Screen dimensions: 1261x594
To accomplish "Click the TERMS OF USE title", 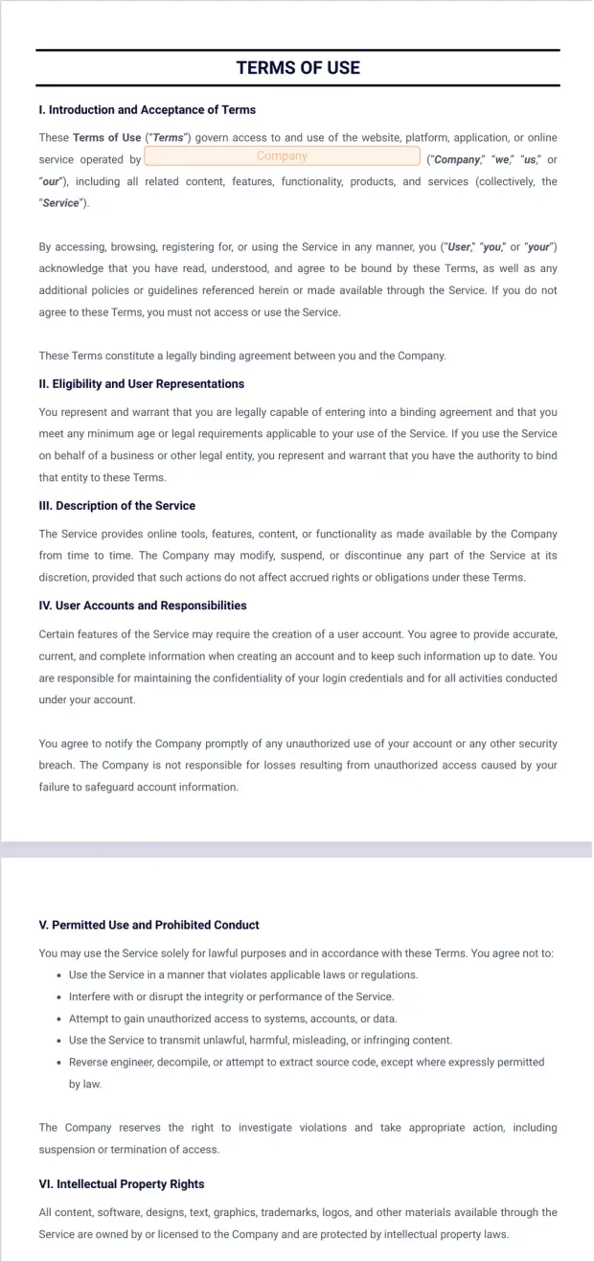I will click(298, 67).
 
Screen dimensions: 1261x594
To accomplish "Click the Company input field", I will click(282, 156).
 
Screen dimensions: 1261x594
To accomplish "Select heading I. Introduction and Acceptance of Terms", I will click(148, 110).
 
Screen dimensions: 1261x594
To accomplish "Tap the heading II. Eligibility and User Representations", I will click(142, 384).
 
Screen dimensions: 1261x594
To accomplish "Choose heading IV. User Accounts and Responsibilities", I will click(143, 606).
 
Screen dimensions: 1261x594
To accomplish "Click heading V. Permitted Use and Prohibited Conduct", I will click(149, 926).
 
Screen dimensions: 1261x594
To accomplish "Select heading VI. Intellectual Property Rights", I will click(122, 1184).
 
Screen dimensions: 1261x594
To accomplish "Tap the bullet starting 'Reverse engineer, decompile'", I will click(306, 1062).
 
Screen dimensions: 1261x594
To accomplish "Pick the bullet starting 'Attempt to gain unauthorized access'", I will click(233, 1019).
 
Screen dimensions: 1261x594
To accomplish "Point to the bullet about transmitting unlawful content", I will click(261, 1041).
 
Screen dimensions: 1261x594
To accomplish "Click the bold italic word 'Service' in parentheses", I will click(62, 203).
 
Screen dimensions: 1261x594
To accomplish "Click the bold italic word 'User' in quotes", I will click(460, 247).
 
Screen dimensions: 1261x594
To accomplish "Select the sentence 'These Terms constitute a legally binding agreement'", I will click(242, 356).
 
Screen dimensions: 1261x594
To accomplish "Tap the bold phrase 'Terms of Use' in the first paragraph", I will click(106, 138).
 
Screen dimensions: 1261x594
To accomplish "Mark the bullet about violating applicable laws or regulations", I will click(243, 974).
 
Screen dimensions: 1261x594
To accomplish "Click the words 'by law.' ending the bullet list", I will click(84, 1085).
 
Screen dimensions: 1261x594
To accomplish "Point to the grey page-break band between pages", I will click(297, 849).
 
